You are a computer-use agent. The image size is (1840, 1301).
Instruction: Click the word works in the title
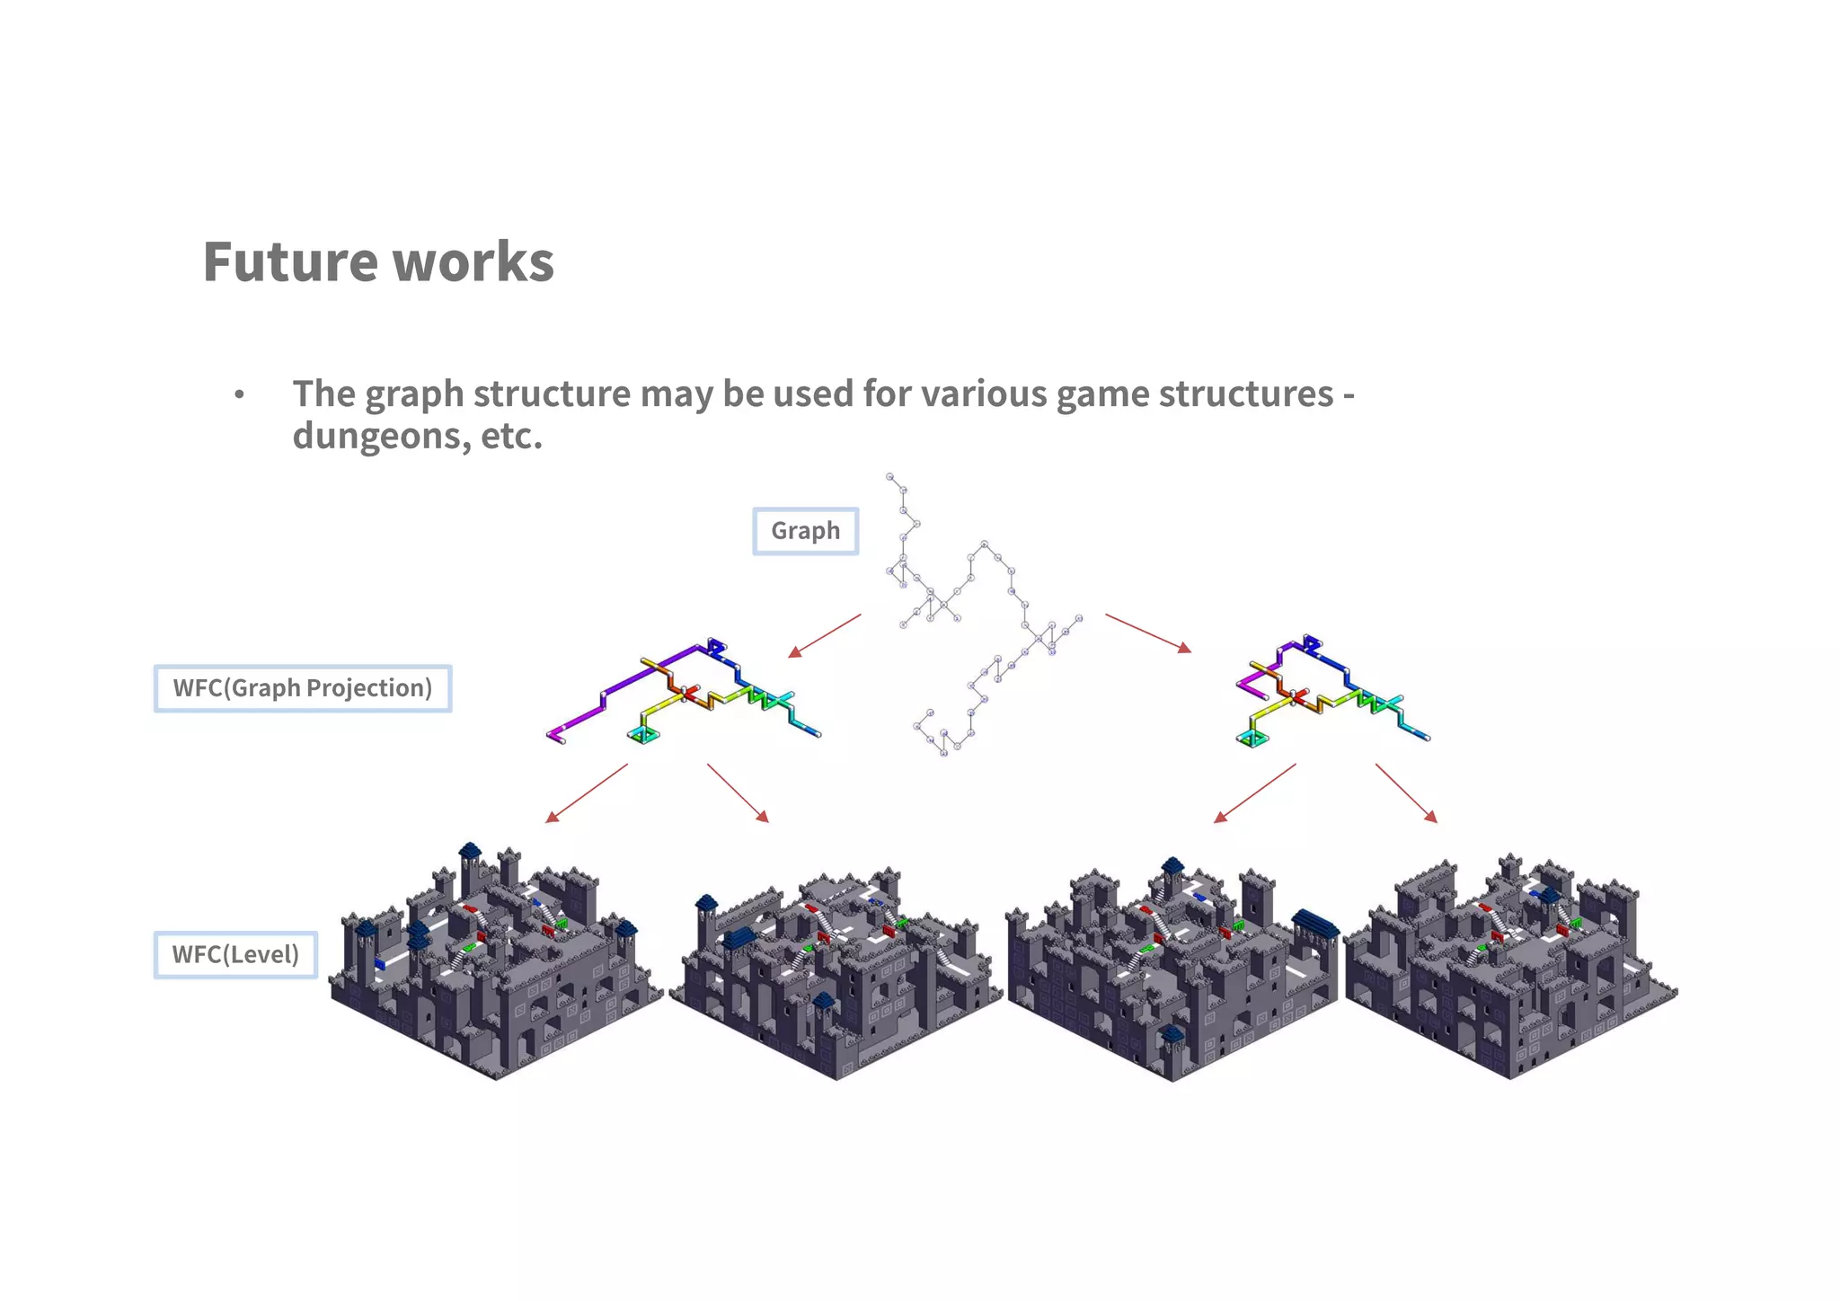pyautogui.click(x=473, y=262)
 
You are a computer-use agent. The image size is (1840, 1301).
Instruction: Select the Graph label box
pyautogui.click(x=805, y=531)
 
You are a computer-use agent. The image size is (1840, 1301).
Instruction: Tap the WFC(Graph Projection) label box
pyautogui.click(x=303, y=688)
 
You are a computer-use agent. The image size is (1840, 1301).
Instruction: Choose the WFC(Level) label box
pyautogui.click(x=235, y=954)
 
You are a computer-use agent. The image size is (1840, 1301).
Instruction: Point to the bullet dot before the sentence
pyautogui.click(x=239, y=395)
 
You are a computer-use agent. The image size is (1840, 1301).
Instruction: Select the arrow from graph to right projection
pyautogui.click(x=1148, y=633)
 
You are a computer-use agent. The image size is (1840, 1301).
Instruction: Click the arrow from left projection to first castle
pyautogui.click(x=587, y=792)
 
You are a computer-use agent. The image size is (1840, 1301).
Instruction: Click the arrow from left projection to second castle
pyautogui.click(x=738, y=792)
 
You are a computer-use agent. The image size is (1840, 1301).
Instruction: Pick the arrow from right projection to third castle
pyautogui.click(x=1254, y=792)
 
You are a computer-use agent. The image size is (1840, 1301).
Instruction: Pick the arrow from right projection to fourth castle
pyautogui.click(x=1406, y=792)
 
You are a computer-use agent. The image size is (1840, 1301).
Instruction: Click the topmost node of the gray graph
pyautogui.click(x=890, y=476)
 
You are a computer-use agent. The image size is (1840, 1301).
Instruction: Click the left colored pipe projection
pyautogui.click(x=683, y=693)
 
